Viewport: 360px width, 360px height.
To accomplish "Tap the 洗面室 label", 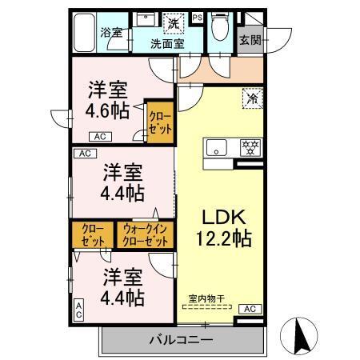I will coord(167,44).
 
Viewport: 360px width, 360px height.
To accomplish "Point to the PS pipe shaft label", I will coord(198,17).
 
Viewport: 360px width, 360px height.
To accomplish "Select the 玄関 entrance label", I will coord(249,38).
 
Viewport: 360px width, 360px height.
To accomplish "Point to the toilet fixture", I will coord(220,29).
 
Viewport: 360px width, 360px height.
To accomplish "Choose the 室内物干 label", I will coord(206,300).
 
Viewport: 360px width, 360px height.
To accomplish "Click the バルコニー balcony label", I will coord(182,340).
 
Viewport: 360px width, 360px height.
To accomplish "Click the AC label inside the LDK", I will coord(249,309).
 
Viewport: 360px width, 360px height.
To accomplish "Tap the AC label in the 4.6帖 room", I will coord(100,135).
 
